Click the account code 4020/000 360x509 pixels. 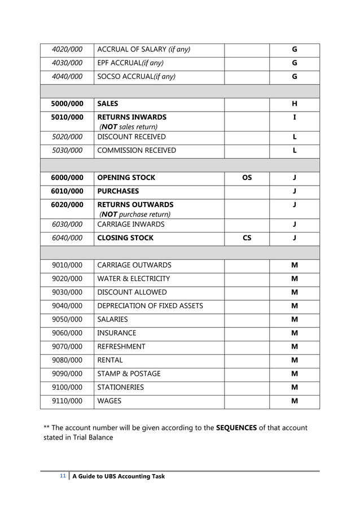click(67, 49)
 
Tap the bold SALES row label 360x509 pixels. click(107, 104)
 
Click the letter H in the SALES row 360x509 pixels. click(294, 104)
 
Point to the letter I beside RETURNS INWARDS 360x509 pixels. click(294, 117)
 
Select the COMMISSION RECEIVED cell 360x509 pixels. click(136, 150)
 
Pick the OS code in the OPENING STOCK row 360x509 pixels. click(247, 177)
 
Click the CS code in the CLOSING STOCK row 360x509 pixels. click(247, 238)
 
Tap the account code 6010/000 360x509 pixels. click(67, 191)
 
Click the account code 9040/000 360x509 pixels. click(67, 306)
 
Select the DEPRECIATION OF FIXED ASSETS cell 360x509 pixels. click(150, 306)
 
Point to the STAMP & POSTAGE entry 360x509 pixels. click(129, 374)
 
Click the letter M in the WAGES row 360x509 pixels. click(294, 401)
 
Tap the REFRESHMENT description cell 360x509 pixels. click(121, 346)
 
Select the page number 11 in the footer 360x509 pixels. click(63, 476)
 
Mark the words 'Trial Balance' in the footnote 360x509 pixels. click(91, 437)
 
